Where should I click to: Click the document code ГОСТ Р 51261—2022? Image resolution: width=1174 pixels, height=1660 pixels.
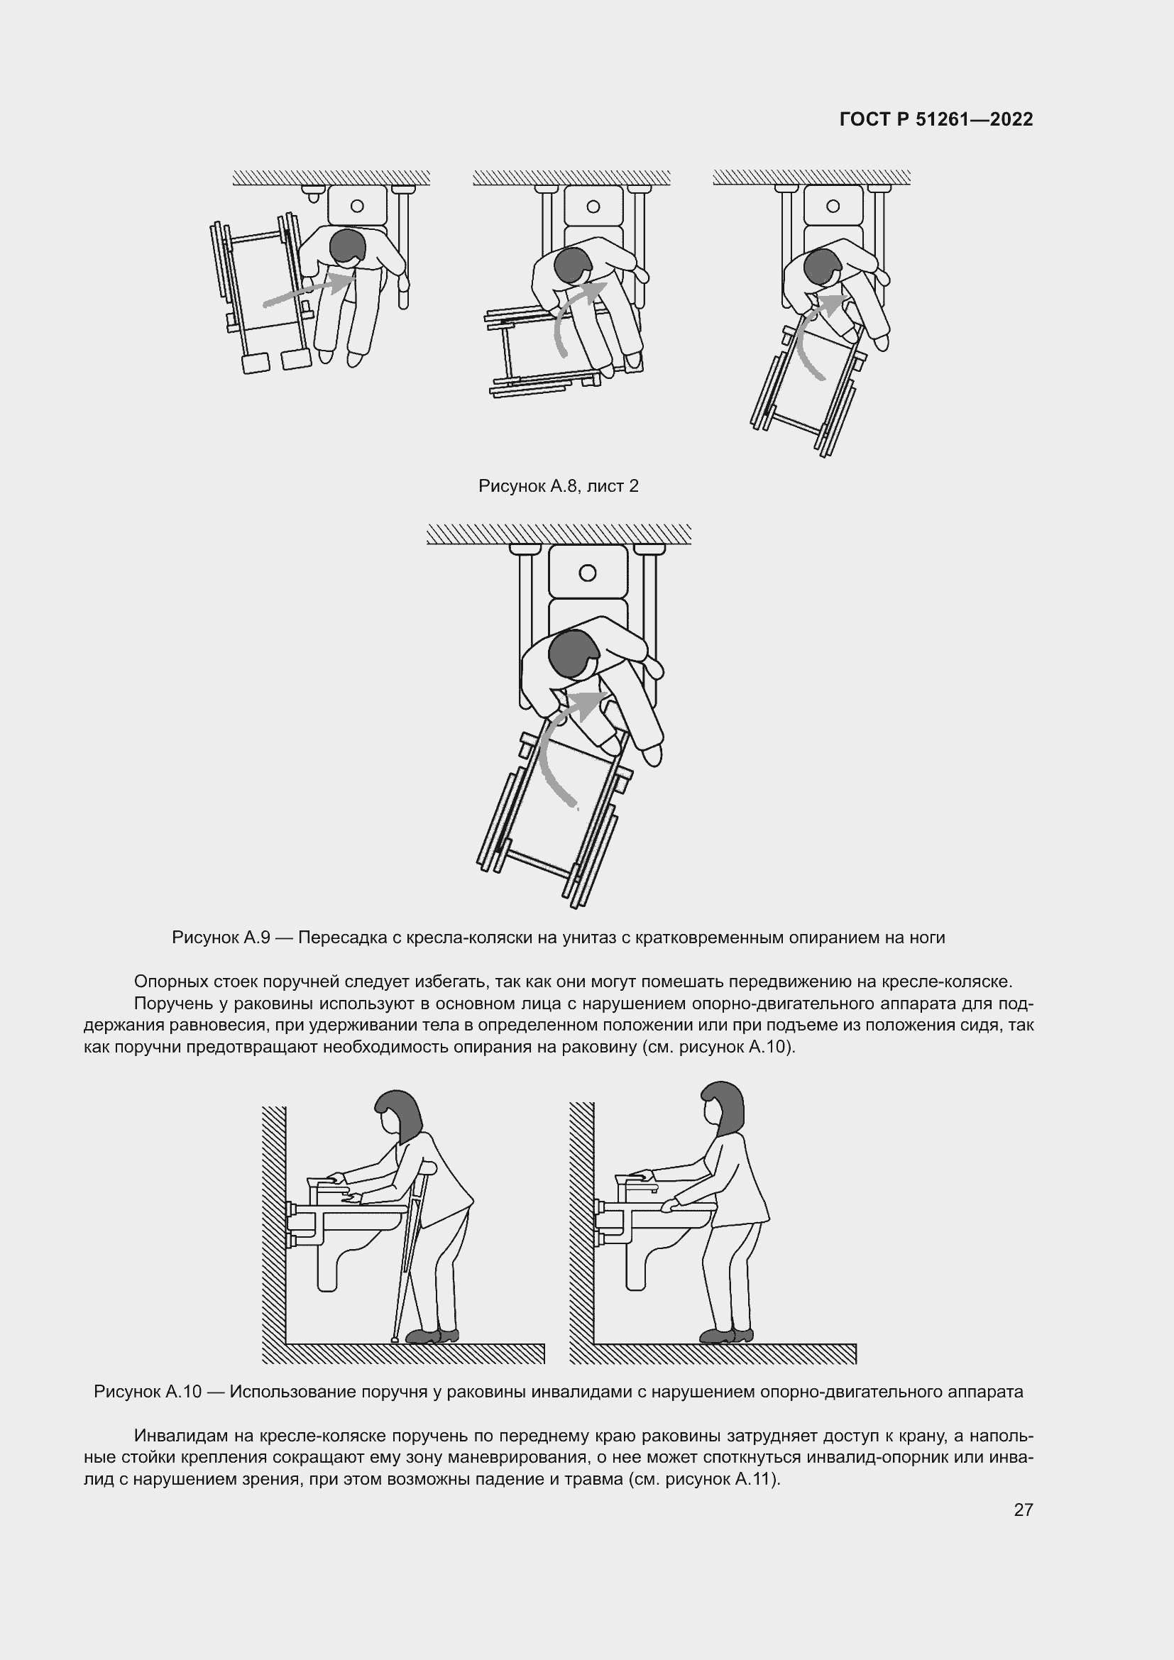936,120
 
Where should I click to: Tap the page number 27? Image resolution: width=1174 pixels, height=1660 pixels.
1023,1510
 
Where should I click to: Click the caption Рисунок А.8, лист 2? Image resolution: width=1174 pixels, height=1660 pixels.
558,486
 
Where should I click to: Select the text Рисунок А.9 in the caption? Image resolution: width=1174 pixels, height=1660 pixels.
221,938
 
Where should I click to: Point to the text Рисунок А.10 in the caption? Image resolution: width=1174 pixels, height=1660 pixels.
148,1392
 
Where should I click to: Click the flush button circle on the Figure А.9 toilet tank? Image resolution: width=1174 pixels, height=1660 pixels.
588,573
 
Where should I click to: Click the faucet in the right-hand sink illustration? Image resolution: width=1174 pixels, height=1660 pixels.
636,1187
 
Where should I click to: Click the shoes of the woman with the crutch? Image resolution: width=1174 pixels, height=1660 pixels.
432,1336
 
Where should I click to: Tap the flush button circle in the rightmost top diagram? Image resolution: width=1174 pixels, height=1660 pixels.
833,206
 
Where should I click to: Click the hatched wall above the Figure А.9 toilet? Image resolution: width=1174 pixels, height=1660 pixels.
558,534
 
